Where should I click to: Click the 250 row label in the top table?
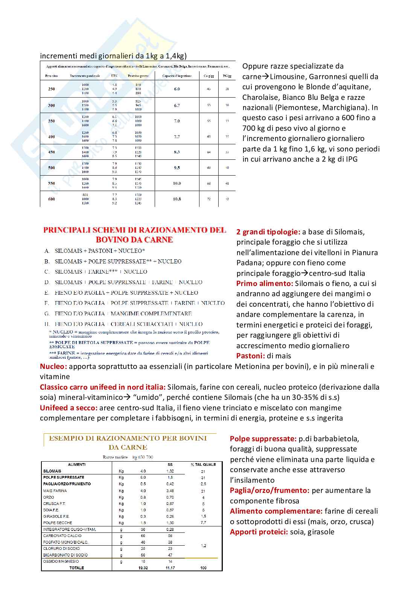click(x=52, y=89)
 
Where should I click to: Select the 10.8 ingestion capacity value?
click(x=177, y=199)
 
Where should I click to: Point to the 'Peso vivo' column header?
click(x=52, y=76)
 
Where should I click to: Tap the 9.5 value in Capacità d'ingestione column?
click(x=177, y=168)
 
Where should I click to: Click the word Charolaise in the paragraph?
click(x=260, y=97)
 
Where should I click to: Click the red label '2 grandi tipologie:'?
click(x=268, y=232)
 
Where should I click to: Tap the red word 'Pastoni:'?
click(x=251, y=356)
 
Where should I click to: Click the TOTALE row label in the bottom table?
click(x=77, y=568)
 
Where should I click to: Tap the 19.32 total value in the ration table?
click(x=143, y=568)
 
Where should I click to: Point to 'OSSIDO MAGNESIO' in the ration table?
click(x=61, y=561)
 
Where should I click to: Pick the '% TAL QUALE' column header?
click(x=203, y=465)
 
